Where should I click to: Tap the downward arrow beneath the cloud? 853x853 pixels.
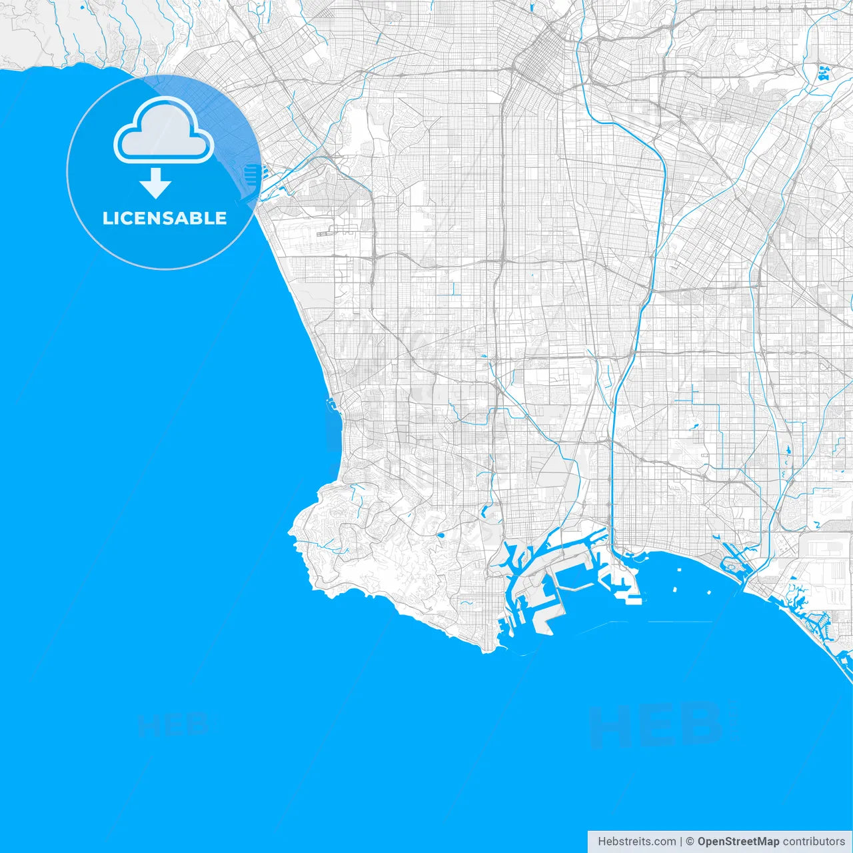[155, 184]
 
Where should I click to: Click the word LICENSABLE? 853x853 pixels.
[165, 218]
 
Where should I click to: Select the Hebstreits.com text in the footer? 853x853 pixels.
[636, 842]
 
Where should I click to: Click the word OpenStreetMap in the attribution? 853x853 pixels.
[738, 842]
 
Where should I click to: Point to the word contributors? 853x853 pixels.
[813, 842]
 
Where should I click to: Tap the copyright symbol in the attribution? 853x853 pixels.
[690, 842]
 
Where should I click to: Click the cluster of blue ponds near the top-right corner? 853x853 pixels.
[823, 73]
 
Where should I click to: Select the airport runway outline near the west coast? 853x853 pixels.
[333, 233]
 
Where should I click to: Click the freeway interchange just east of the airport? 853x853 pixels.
[374, 256]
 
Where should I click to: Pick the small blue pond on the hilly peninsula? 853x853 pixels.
[440, 534]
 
